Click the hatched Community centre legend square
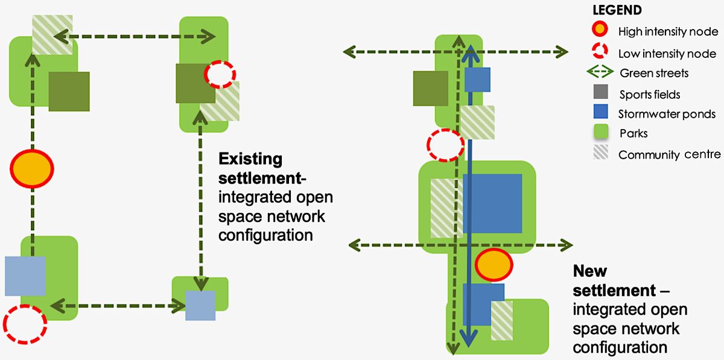pyautogui.click(x=600, y=153)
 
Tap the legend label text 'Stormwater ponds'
pyautogui.click(x=667, y=114)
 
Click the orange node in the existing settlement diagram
pyautogui.click(x=32, y=168)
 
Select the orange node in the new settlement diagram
pyautogui.click(x=494, y=264)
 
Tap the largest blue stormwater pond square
pyautogui.click(x=492, y=204)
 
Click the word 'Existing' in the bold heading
pyautogui.click(x=250, y=159)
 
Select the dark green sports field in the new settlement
pyautogui.click(x=430, y=88)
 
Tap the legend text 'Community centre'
pyautogui.click(x=669, y=155)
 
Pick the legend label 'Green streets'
pyautogui.click(x=654, y=74)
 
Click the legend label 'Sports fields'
pyautogui.click(x=650, y=94)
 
